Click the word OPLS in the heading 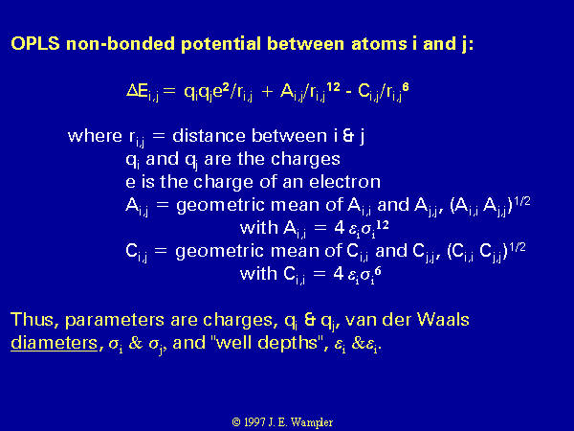[x=35, y=44]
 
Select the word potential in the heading [x=221, y=45]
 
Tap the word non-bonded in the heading [x=121, y=44]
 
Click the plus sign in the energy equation [x=268, y=91]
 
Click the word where [x=95, y=136]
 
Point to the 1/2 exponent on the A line [x=521, y=201]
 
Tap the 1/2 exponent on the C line [x=518, y=247]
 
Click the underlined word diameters [x=55, y=344]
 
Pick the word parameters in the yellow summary [x=115, y=321]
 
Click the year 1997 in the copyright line [x=254, y=422]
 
